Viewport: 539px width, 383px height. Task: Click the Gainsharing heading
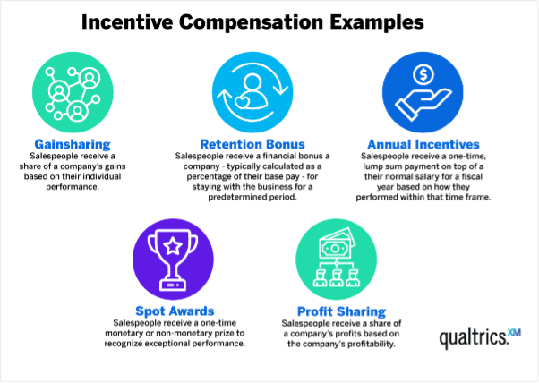(x=73, y=144)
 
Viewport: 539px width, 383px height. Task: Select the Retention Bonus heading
(x=252, y=144)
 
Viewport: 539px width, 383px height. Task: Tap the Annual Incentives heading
(x=423, y=144)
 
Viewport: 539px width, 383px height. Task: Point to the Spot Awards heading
(x=175, y=311)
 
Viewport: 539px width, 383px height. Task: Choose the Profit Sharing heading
(x=341, y=311)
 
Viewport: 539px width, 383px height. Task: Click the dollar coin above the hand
(x=423, y=74)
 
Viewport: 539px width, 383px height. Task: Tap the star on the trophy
(x=173, y=245)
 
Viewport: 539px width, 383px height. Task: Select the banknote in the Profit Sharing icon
(x=336, y=245)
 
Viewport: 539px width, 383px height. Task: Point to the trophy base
(x=173, y=285)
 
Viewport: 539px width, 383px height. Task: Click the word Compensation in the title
(x=252, y=22)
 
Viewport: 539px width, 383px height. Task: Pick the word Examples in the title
(x=377, y=22)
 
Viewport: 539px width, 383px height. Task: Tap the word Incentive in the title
(x=127, y=22)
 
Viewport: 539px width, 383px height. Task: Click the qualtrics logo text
(x=474, y=338)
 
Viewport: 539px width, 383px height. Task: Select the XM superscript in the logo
(x=514, y=333)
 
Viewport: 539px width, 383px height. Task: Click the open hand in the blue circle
(x=423, y=104)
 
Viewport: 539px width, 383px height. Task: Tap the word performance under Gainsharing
(x=73, y=188)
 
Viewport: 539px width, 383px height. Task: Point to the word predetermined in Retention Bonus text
(x=237, y=198)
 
